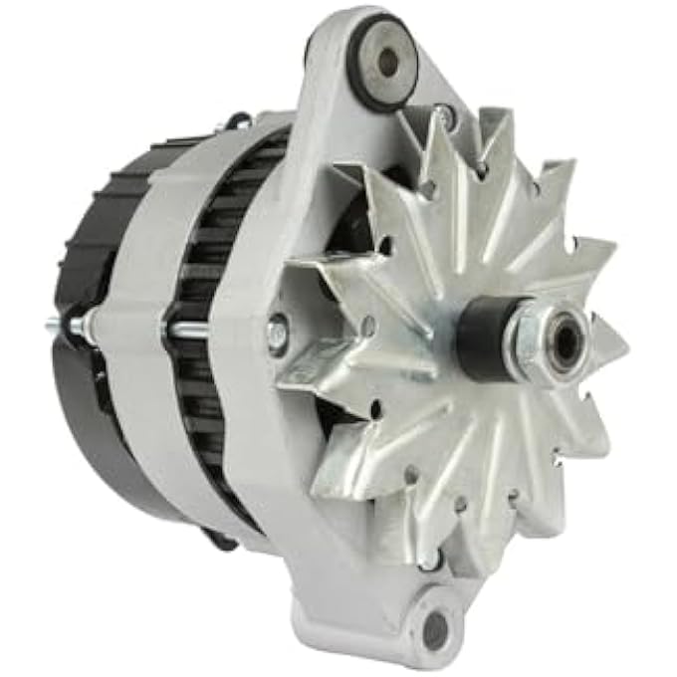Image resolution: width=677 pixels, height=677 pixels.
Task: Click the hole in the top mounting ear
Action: click(387, 62)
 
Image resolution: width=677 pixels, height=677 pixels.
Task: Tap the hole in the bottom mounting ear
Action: click(435, 629)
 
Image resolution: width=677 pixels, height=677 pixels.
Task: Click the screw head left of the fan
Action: click(278, 334)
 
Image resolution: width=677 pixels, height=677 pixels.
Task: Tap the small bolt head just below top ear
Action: click(445, 120)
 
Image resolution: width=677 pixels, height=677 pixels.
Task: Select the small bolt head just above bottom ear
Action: click(430, 562)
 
